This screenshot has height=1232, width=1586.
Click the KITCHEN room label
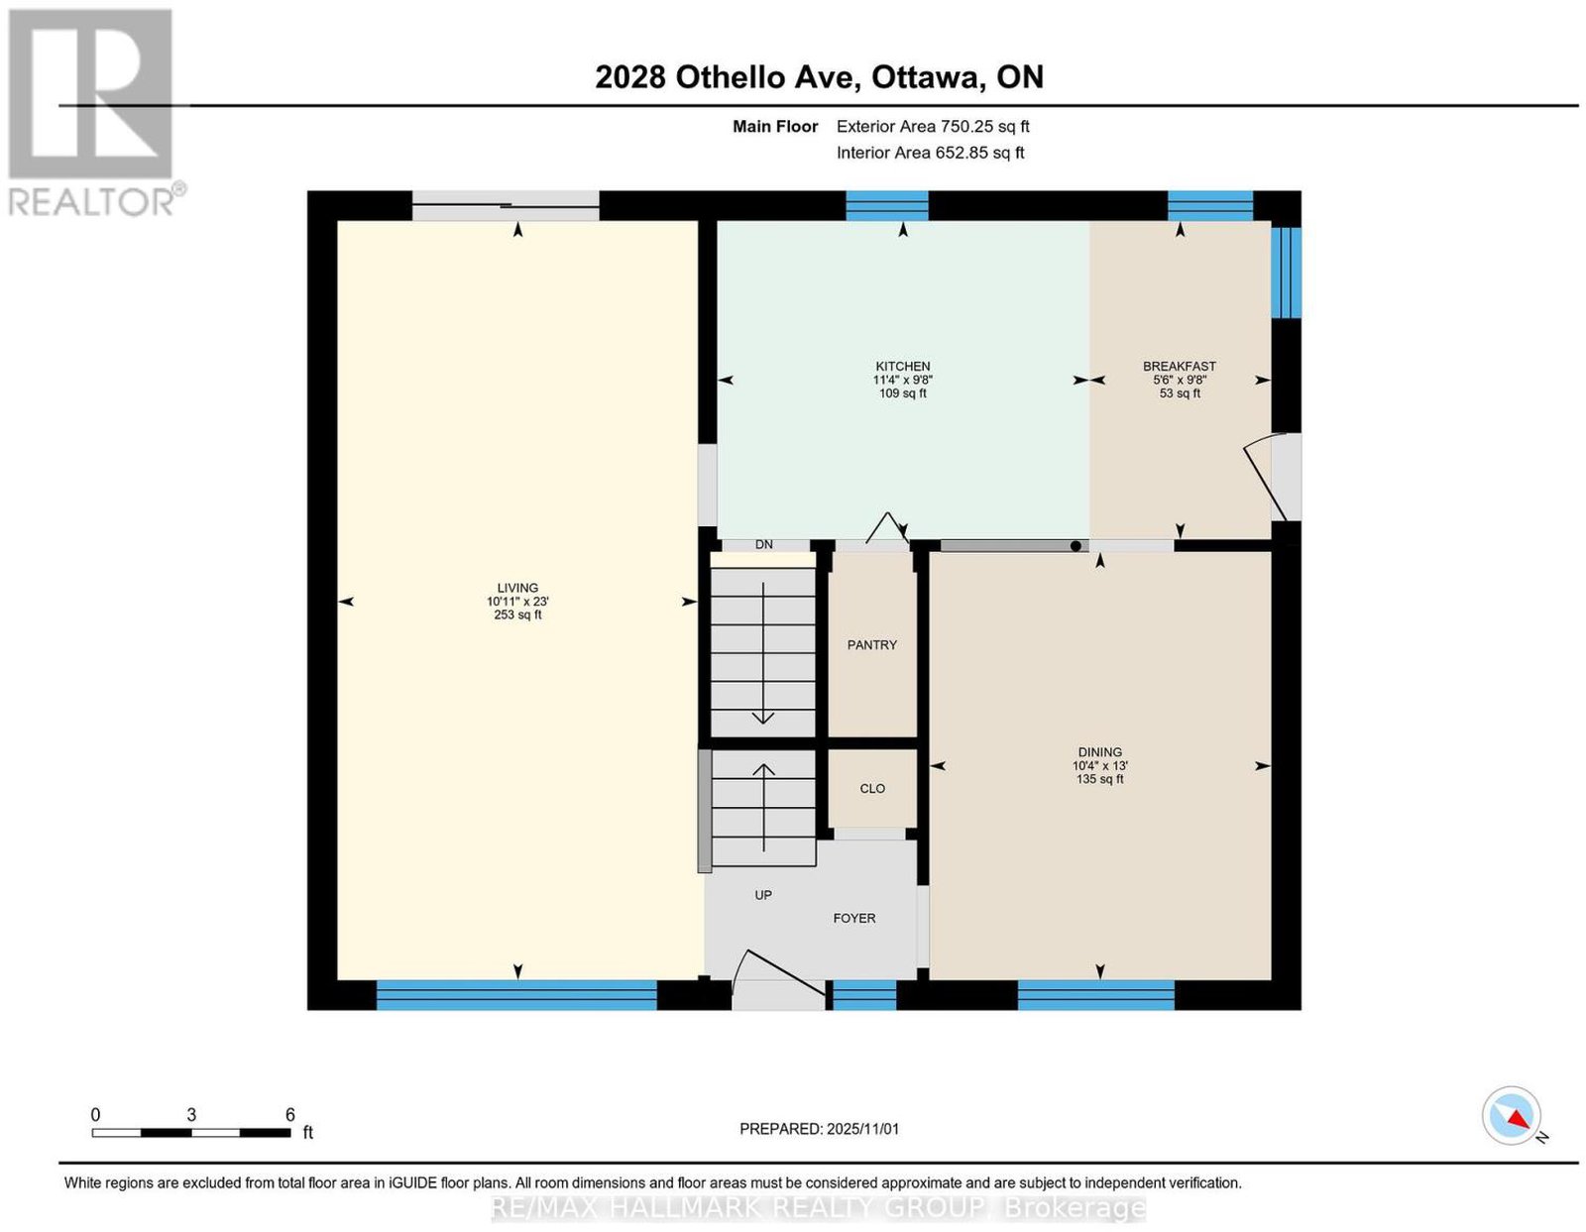pyautogui.click(x=902, y=366)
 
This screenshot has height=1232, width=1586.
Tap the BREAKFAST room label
pyautogui.click(x=1179, y=366)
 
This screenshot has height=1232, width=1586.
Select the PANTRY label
pyautogui.click(x=871, y=645)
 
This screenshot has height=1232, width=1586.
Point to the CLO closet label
pyautogui.click(x=872, y=789)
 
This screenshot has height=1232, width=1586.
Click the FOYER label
pyautogui.click(x=853, y=919)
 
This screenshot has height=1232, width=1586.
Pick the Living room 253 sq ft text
pyautogui.click(x=517, y=615)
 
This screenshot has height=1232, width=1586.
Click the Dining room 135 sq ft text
pyautogui.click(x=1099, y=779)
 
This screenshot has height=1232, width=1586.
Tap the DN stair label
pyautogui.click(x=763, y=545)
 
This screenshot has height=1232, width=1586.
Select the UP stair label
pyautogui.click(x=762, y=895)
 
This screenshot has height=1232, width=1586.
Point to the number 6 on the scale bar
pyautogui.click(x=289, y=1115)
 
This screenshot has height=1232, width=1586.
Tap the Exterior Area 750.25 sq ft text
pyautogui.click(x=932, y=126)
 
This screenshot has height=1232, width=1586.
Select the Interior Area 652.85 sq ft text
pyautogui.click(x=930, y=153)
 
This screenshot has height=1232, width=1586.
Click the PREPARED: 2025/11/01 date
pyautogui.click(x=819, y=1129)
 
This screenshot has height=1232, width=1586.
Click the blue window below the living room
pyautogui.click(x=516, y=995)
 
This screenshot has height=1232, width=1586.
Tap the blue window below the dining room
pyautogui.click(x=1095, y=995)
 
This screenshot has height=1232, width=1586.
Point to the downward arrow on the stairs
pyautogui.click(x=762, y=653)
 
